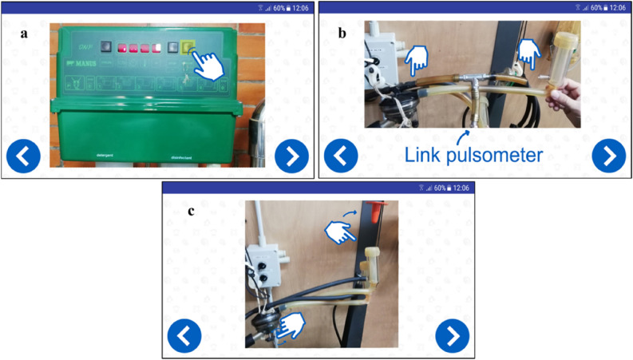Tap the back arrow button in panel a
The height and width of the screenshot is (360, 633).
(22, 156)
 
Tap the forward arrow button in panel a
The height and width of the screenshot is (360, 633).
(291, 156)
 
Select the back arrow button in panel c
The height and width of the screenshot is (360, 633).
(184, 335)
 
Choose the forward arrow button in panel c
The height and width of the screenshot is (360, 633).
(452, 335)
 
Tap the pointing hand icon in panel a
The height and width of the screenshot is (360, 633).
(209, 65)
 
